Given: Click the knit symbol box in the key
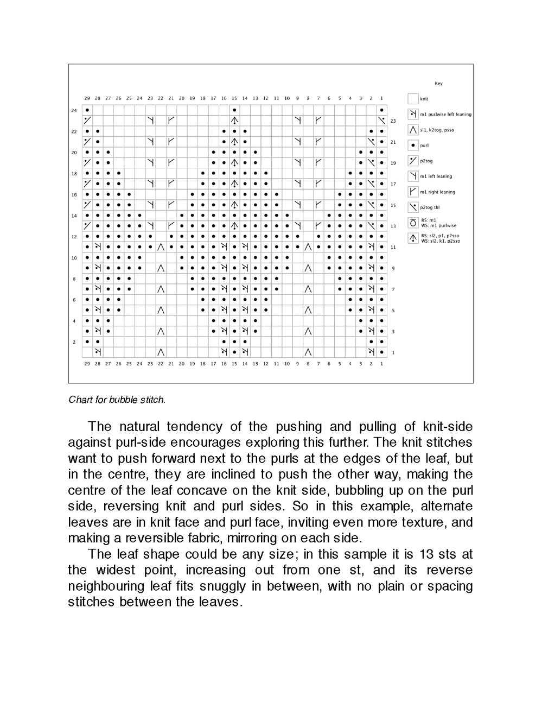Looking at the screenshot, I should point(413,99).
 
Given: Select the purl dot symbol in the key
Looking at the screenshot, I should point(413,146).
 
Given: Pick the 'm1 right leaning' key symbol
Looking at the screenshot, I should point(413,192).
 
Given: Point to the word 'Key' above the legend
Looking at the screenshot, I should point(438,84).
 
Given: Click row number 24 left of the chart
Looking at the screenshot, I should point(74,110).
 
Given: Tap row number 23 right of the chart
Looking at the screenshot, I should point(393,121).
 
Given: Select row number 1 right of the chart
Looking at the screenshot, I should point(393,353).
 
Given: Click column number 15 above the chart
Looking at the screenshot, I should point(234,98).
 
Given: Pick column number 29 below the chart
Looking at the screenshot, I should point(87,364).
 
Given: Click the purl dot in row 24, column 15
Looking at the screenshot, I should point(234,110).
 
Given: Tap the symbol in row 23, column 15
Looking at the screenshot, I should point(234,121).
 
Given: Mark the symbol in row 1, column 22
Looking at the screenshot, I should point(161,352).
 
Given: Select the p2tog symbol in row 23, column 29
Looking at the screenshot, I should point(87,121).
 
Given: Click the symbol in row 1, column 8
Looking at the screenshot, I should point(308,352).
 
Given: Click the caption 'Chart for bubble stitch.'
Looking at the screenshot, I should point(117,400).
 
